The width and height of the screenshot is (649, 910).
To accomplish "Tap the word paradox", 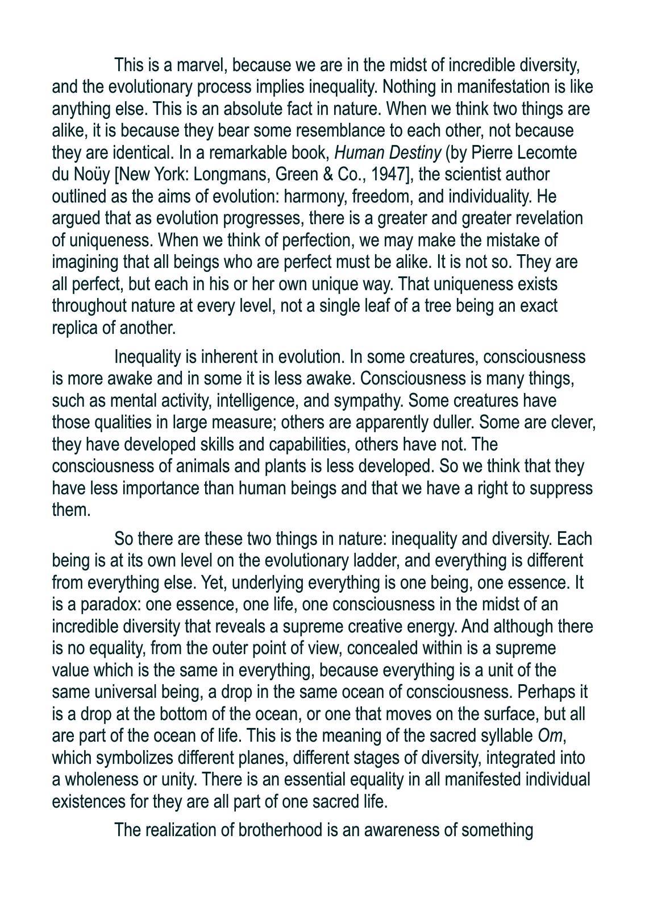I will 101,604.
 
